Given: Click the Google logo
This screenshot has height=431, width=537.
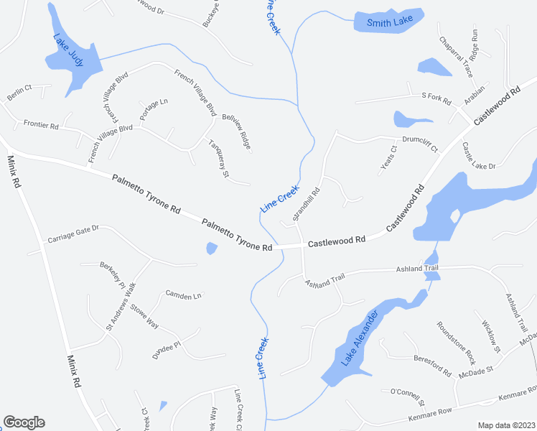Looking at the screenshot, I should coord(24,422).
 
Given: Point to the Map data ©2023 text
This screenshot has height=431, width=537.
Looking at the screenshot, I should coord(507,425).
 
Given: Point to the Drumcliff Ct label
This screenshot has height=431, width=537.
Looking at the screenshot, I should coord(420,144).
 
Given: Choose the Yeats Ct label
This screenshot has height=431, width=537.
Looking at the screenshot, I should coord(388,161).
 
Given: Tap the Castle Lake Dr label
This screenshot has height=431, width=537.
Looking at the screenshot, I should coord(479,157).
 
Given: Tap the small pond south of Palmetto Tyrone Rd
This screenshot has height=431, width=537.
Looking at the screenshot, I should coord(211,249).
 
